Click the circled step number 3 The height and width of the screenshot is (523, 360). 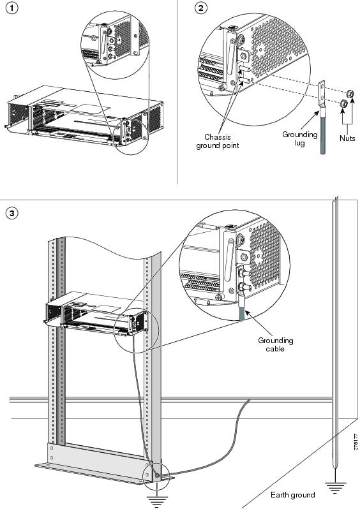(x=11, y=213)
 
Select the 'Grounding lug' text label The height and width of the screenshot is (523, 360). (x=299, y=139)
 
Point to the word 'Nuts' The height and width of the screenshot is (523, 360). (x=347, y=138)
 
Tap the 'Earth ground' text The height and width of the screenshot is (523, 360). (x=293, y=495)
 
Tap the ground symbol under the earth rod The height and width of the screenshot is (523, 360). (x=334, y=488)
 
